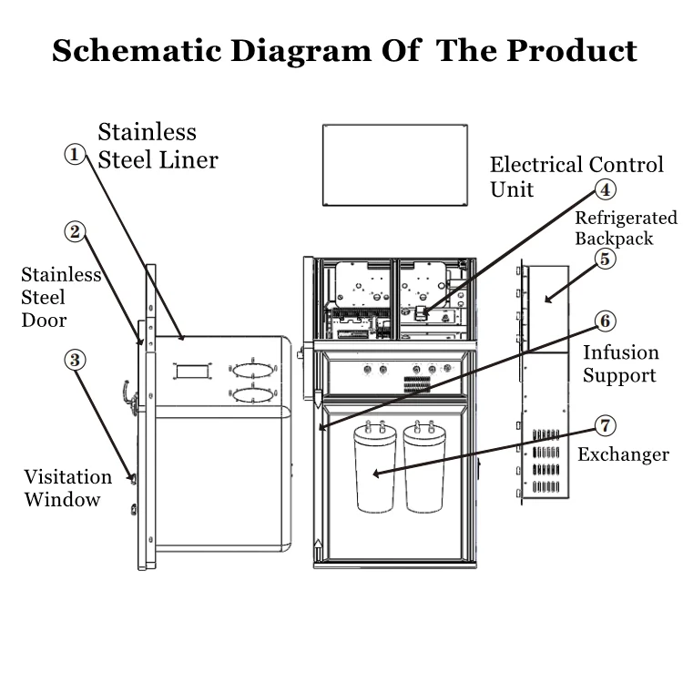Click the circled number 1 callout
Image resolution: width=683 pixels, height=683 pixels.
pyautogui.click(x=76, y=155)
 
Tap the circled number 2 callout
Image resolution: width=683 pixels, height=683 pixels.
pyautogui.click(x=76, y=232)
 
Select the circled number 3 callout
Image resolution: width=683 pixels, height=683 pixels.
pyautogui.click(x=76, y=360)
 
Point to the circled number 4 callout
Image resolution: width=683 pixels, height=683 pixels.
pyautogui.click(x=606, y=189)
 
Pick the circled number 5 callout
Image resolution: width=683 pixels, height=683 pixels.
pyautogui.click(x=606, y=258)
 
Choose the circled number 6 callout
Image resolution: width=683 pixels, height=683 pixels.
pyautogui.click(x=606, y=321)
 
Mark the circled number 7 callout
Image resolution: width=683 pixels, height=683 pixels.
pyautogui.click(x=606, y=425)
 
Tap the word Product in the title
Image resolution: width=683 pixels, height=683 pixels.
pyautogui.click(x=573, y=51)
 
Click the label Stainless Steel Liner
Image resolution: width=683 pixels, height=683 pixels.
pyautogui.click(x=158, y=146)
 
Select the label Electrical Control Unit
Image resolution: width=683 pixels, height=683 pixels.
pyautogui.click(x=576, y=177)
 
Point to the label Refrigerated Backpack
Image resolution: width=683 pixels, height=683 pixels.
pyautogui.click(x=627, y=228)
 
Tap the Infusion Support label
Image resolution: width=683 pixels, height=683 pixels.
pyautogui.click(x=619, y=363)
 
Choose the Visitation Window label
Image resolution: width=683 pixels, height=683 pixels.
pyautogui.click(x=67, y=488)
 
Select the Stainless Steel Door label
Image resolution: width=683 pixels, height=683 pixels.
pyautogui.click(x=60, y=297)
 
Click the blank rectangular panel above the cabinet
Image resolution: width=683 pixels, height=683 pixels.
pyautogui.click(x=393, y=165)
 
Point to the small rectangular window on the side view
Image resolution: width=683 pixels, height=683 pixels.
pyautogui.click(x=189, y=371)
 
